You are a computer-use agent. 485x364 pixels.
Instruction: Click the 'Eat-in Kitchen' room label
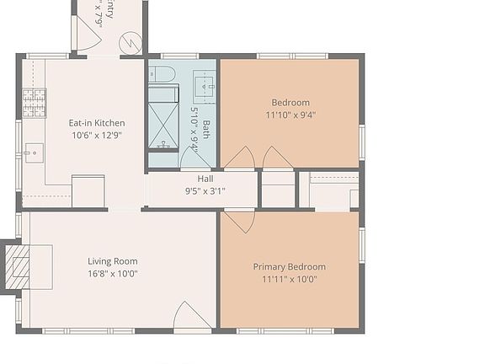pos(96,123)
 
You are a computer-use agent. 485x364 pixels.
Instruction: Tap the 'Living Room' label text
pos(112,261)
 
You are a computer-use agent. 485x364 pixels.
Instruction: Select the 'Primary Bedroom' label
pos(289,267)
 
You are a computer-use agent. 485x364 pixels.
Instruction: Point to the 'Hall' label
pos(205,179)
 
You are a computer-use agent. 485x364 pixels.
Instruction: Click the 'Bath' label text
pos(206,133)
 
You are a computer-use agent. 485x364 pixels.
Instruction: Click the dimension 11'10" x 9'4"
pos(290,115)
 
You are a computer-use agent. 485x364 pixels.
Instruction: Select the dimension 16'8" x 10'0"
pos(112,273)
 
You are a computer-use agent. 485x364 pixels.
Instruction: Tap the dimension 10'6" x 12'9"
pos(96,135)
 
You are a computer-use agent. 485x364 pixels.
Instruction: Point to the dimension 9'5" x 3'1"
pos(205,190)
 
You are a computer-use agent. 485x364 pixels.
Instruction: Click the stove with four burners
pos(34,103)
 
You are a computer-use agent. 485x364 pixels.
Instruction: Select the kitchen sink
pos(34,153)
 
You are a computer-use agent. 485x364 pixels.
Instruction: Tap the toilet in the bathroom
pos(163,73)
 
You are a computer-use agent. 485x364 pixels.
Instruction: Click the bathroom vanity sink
pos(205,84)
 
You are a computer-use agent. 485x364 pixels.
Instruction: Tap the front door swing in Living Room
pos(191,316)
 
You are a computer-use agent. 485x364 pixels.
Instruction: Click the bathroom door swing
pos(195,158)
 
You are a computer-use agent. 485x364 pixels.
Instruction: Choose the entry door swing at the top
pos(88,34)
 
